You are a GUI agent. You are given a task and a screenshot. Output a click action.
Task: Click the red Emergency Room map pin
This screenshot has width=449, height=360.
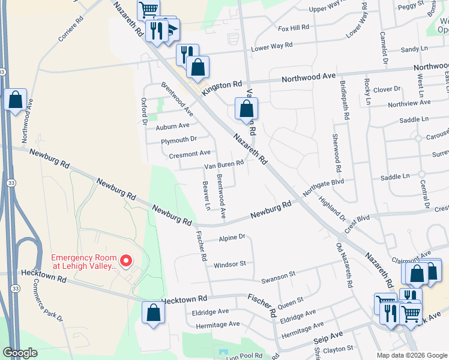[x=125, y=260]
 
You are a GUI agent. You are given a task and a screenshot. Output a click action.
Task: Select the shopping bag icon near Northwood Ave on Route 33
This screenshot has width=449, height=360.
[x=16, y=100]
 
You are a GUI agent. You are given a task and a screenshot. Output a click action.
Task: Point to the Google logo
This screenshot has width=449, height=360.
[x=20, y=353]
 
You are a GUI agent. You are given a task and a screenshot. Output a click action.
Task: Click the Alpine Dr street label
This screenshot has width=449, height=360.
[x=232, y=238]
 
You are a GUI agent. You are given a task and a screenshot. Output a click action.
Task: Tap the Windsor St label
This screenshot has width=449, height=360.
[x=230, y=264]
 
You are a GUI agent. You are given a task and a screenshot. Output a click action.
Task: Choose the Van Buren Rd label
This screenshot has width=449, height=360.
[x=224, y=164]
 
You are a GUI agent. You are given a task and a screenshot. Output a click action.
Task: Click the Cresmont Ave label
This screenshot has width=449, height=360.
[x=190, y=154]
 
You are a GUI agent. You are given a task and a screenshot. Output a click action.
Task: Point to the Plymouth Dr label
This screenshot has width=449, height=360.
[x=179, y=139]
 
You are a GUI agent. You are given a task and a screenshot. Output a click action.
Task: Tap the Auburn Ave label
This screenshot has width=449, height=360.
[x=172, y=126]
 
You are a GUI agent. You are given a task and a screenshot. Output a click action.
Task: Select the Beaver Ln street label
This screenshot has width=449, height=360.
[x=207, y=196]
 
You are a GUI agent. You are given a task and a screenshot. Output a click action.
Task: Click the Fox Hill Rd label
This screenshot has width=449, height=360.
[x=293, y=28]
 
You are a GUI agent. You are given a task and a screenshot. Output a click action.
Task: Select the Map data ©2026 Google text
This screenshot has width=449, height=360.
[x=411, y=355]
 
